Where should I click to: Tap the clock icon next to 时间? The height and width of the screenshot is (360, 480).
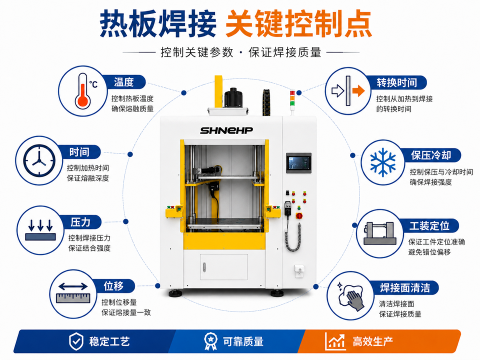click(39, 160)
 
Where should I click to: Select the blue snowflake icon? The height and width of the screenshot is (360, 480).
click(382, 162)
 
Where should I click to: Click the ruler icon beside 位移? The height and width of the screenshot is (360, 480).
click(73, 293)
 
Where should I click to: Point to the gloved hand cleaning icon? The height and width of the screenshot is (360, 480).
click(351, 295)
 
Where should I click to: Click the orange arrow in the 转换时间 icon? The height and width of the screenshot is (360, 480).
click(358, 90)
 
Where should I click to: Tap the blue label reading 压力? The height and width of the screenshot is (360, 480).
click(80, 222)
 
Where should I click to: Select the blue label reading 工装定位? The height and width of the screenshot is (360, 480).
click(429, 226)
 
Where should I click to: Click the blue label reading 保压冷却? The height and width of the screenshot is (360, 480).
click(430, 155)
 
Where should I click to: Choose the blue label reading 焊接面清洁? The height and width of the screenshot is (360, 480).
click(404, 288)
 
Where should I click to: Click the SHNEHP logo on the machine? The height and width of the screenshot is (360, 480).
click(226, 130)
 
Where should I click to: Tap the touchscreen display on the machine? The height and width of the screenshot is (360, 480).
click(299, 163)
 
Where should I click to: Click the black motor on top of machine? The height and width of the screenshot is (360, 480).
click(233, 97)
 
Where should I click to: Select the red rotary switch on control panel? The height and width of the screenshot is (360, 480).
click(299, 215)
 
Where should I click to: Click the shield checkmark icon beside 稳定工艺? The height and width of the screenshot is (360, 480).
click(76, 341)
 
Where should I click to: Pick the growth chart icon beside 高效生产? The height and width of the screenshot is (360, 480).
click(335, 341)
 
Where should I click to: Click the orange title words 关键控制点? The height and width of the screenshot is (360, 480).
click(299, 24)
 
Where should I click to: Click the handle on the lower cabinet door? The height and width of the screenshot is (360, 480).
click(204, 267)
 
